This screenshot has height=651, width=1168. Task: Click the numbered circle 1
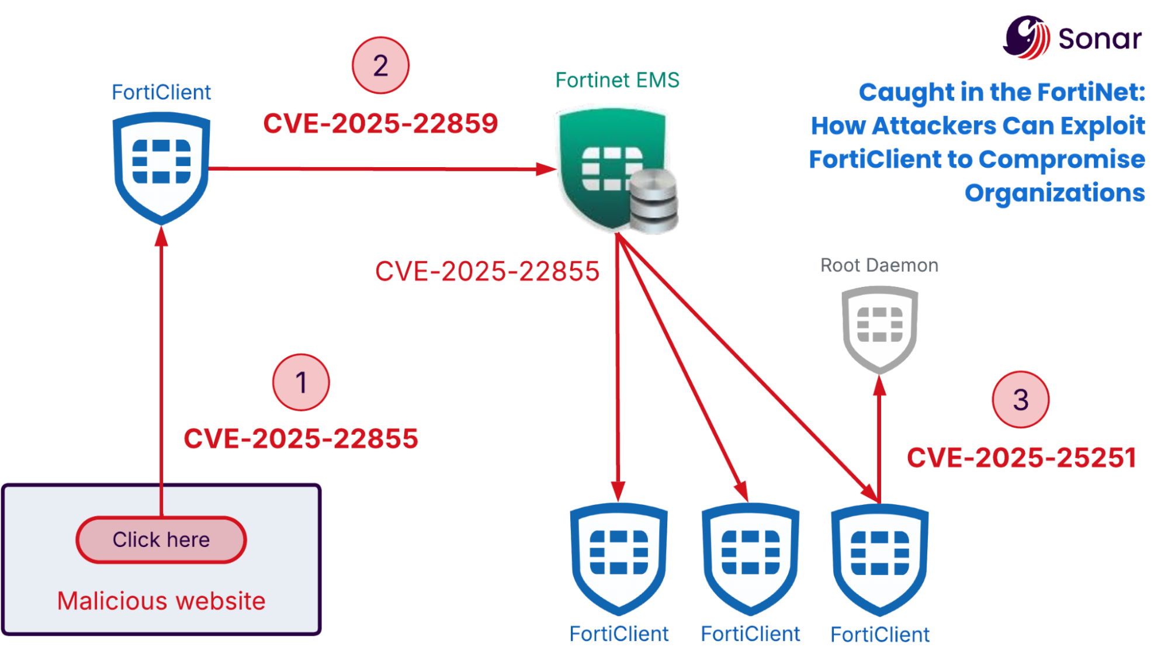point(301,383)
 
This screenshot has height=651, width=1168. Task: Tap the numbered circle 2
point(380,65)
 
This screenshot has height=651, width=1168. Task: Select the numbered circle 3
point(1020,400)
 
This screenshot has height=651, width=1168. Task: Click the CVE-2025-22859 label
point(380,123)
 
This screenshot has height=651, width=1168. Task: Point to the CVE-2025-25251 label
point(1021,458)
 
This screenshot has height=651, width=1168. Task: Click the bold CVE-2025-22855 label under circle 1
point(301,439)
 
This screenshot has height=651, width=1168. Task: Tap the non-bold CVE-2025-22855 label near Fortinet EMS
point(487,272)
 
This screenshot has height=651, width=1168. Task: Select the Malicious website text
point(161,601)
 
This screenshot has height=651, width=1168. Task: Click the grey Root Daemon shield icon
point(879,328)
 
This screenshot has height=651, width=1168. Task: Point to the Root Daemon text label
point(879,265)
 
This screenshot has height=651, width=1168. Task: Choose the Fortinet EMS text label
point(617,80)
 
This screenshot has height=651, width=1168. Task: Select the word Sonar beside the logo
point(1100,39)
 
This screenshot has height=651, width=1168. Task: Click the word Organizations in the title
point(1054,193)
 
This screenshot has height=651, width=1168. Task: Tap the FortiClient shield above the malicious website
point(161,167)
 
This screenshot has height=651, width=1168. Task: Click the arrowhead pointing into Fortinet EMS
point(547,169)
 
